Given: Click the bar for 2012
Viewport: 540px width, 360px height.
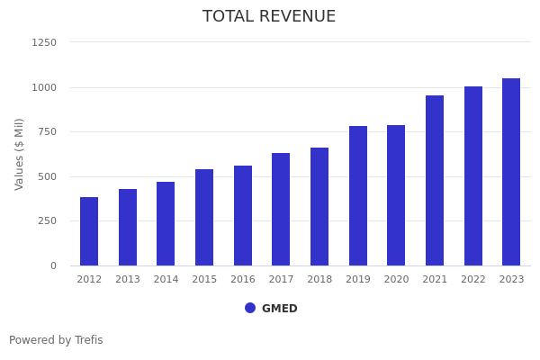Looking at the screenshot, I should click(x=89, y=231).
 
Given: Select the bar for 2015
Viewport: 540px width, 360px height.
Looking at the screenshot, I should click(x=204, y=217).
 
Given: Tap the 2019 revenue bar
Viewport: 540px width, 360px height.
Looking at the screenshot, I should click(x=358, y=195).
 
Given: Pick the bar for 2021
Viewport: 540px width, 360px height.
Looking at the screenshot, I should click(x=435, y=180).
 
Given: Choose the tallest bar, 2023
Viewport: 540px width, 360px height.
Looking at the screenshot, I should click(x=511, y=172).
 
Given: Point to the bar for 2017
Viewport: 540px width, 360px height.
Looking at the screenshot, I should click(x=281, y=209).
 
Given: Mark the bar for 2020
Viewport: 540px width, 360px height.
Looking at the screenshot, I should click(x=396, y=195).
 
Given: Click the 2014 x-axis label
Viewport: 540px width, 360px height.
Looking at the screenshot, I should click(x=166, y=280).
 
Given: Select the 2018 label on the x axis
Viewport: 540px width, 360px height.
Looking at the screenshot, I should click(x=319, y=280).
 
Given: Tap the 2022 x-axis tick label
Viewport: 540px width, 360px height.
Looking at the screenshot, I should click(x=473, y=280).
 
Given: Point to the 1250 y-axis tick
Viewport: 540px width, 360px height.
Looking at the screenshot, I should click(x=44, y=42).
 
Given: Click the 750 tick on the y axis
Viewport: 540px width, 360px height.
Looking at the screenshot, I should click(x=47, y=131).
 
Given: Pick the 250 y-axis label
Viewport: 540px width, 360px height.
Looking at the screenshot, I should click(x=47, y=220).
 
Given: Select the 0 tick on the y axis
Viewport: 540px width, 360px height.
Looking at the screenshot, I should click(x=53, y=265).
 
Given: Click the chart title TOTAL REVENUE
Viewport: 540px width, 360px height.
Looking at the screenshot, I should click(x=269, y=17).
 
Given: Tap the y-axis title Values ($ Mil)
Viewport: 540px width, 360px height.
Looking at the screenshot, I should click(x=20, y=154).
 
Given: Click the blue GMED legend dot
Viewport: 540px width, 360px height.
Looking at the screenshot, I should click(x=250, y=308).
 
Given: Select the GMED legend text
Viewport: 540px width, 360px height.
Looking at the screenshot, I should click(x=279, y=309).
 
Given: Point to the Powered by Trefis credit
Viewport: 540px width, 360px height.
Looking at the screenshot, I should click(x=56, y=340).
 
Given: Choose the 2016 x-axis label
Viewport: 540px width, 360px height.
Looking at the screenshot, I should click(x=243, y=280).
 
